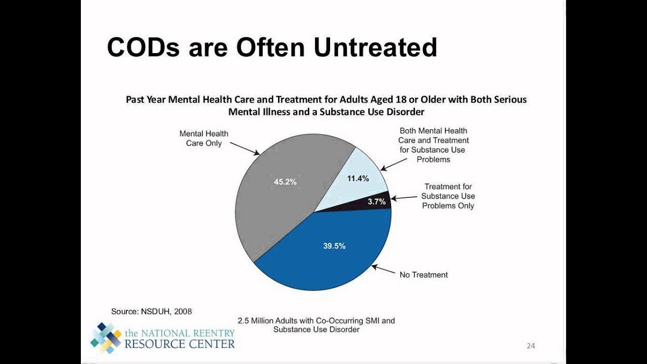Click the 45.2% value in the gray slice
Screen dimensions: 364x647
[285, 182]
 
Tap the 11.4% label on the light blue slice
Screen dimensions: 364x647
[357, 178]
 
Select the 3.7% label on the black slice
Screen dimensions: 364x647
[377, 202]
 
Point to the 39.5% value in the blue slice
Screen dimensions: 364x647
[334, 246]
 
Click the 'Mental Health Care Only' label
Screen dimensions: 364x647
[204, 139]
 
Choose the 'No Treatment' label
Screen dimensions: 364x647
[424, 275]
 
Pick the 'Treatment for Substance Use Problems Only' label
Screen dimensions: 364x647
[448, 196]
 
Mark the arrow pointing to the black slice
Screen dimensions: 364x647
[404, 198]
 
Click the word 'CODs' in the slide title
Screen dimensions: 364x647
[143, 47]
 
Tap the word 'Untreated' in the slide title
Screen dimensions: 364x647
[375, 47]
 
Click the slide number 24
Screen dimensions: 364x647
[531, 346]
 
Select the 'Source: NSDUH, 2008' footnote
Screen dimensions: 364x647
[152, 311]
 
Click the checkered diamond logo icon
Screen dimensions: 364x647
[106, 338]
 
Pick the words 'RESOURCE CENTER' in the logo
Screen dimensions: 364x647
[179, 344]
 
